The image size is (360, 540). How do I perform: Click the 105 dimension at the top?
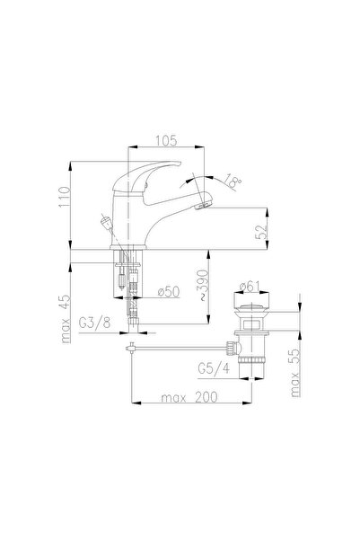click(x=166, y=140)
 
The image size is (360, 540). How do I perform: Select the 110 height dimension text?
click(x=65, y=197)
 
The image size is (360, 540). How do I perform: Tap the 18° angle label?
click(x=233, y=181)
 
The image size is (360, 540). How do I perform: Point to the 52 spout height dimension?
click(x=261, y=232)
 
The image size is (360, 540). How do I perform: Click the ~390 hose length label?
click(x=204, y=286)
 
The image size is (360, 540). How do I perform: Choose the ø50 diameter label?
click(x=169, y=292)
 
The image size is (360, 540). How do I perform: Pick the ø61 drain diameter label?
click(x=249, y=286)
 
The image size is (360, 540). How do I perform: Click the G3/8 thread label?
click(x=94, y=323)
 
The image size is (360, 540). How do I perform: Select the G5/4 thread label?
click(x=214, y=369)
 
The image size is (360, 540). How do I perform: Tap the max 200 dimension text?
click(x=189, y=397)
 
